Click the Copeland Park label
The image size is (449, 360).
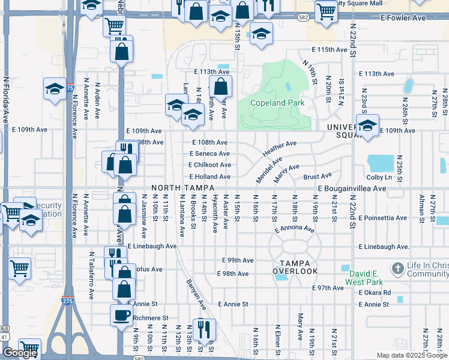click(277, 103)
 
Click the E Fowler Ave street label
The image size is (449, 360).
click(403, 18)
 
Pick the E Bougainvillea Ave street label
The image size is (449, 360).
click(352, 188)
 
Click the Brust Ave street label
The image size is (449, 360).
click(317, 176)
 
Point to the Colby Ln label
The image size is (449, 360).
click(379, 177)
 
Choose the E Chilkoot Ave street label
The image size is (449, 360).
click(209, 165)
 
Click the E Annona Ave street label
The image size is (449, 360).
click(294, 229)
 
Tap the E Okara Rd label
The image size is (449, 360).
click(375, 293)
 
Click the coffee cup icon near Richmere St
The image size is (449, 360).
click(122, 315)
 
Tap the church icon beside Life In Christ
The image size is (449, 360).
click(397, 268)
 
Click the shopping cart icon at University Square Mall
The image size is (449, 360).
click(326, 10)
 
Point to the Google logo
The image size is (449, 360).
click(20, 353)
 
